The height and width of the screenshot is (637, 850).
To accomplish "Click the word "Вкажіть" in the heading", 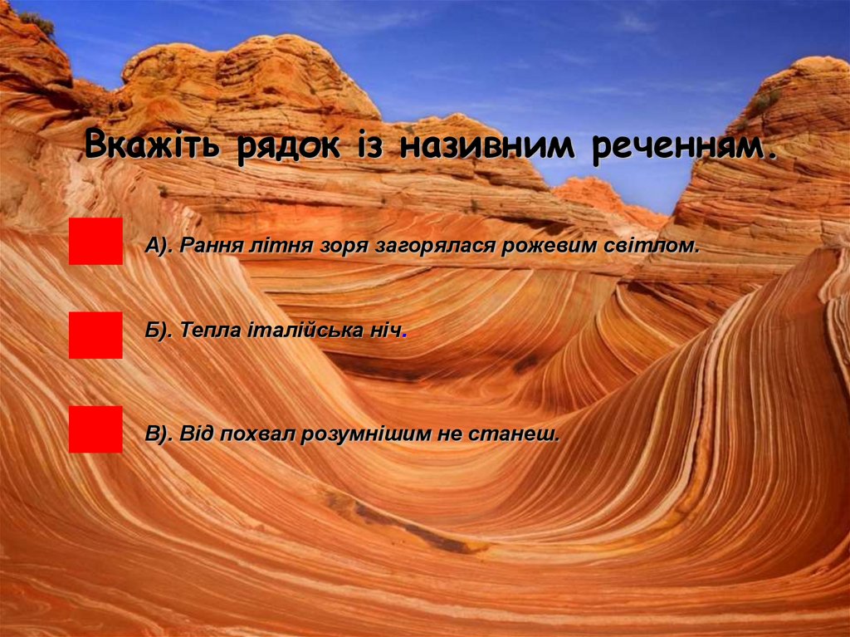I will pos(152,146).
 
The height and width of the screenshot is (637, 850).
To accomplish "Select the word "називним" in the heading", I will pos(490,146).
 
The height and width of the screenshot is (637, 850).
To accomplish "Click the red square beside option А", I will pos(95,241).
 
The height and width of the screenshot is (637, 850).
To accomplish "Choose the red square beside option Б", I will pos(95,335).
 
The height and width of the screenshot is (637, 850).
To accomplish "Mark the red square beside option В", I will pos(95,429).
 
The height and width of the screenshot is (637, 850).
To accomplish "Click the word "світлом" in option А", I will pos(661,246).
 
